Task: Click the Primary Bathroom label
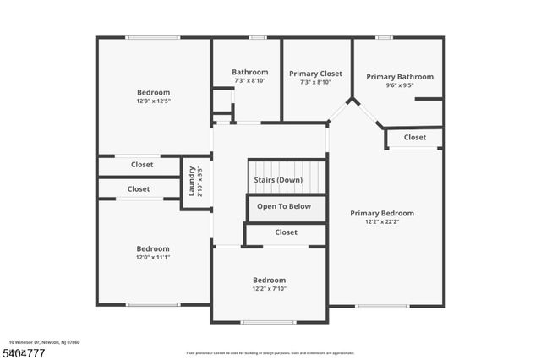click(400, 77)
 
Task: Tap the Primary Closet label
click(315, 74)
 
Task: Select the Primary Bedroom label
click(382, 213)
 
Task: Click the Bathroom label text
click(250, 72)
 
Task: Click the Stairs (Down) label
click(278, 180)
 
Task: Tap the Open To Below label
click(284, 206)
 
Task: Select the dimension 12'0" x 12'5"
click(154, 101)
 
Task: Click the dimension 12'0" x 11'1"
click(153, 258)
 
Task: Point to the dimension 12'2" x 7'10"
click(269, 289)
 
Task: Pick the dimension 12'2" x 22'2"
click(382, 222)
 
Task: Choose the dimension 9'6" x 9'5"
click(400, 85)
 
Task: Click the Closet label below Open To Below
click(287, 232)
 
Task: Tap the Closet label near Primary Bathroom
click(415, 137)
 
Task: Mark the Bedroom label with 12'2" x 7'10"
click(269, 280)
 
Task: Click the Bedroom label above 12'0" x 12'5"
click(154, 92)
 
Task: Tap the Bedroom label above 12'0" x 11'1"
click(153, 248)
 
